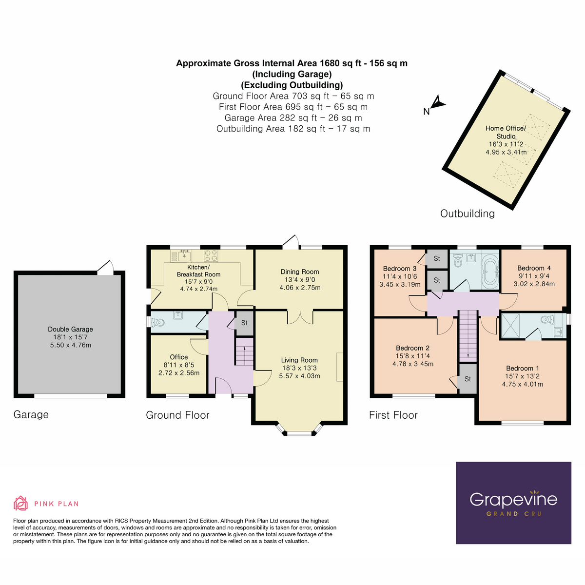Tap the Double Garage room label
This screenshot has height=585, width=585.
pos(70,329)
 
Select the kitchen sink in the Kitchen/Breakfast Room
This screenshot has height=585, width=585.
pos(185,255)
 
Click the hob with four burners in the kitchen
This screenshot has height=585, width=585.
pos(211,255)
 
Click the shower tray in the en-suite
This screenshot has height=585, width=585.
pos(510,326)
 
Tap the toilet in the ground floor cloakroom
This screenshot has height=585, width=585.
pos(157,322)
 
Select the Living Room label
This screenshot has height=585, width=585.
pos(299,360)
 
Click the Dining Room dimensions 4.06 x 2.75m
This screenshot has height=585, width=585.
pos(300,288)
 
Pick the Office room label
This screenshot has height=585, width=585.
pos(179,357)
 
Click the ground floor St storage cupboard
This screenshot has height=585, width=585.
pos(244,323)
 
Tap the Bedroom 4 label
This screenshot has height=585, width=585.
pos(534,268)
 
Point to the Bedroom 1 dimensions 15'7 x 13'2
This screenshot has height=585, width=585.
pos(522,376)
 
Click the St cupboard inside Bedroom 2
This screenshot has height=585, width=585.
pos(468,379)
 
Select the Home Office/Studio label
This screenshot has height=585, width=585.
pos(506,133)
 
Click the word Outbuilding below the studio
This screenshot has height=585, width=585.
pos(467,214)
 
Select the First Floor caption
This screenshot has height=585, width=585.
pos(393,415)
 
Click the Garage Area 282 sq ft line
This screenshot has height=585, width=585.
pos(293,118)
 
